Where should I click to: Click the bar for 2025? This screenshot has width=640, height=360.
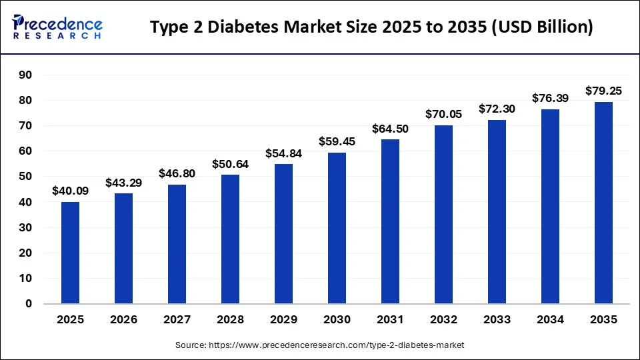70,253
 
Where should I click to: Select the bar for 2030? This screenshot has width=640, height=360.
337,228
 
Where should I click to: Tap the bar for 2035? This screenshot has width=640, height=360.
603,203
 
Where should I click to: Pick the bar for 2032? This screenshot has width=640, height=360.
443,214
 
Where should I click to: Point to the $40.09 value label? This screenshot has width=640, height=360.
70,191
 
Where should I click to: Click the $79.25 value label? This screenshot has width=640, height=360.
603,91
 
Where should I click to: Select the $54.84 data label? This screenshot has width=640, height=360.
283,153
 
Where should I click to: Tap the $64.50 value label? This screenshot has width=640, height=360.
390,128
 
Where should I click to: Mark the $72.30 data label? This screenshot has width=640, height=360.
497,109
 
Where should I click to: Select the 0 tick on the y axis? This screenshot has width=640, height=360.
28,304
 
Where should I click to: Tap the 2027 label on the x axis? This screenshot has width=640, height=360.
177,320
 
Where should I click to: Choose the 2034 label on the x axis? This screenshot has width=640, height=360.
550,320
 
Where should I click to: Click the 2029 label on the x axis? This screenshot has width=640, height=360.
283,320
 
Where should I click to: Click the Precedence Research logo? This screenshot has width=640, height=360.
57,27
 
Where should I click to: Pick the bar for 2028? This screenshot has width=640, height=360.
230,239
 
